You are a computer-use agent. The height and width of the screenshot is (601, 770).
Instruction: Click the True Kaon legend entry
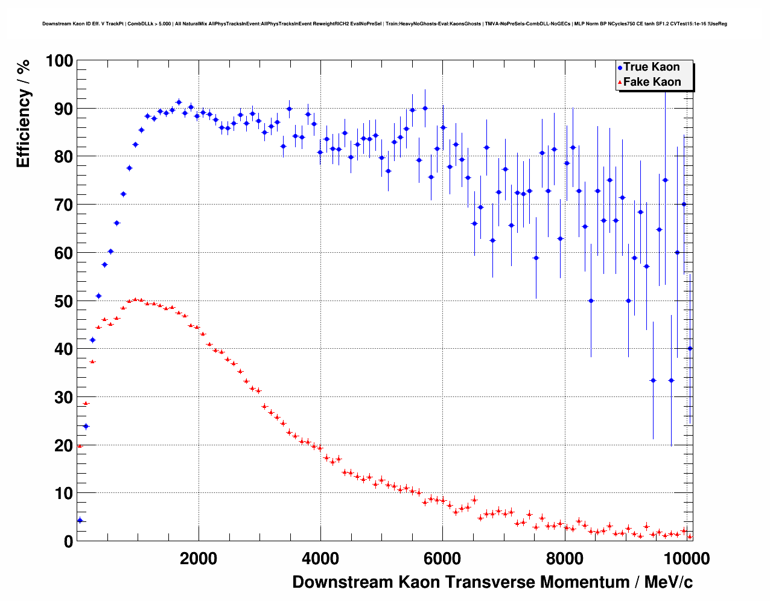651,67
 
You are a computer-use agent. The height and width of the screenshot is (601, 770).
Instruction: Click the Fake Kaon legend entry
652,82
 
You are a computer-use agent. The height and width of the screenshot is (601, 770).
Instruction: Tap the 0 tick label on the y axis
68,542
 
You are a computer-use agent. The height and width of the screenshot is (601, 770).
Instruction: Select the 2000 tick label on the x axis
199,559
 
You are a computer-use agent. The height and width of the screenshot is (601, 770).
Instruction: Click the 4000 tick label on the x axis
320,559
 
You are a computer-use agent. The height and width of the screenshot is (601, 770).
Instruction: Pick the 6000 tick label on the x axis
442,559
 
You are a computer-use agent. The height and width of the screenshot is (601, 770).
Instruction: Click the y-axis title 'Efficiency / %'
23,113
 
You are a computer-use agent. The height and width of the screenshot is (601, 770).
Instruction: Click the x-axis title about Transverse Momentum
492,582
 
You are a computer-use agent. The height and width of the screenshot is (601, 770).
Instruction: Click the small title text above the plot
384,24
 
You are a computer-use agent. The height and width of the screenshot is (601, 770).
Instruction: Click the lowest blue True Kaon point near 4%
80,520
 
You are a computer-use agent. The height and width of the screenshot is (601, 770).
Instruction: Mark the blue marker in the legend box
620,68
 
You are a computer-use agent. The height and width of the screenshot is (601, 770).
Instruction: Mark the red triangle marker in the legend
620,83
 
